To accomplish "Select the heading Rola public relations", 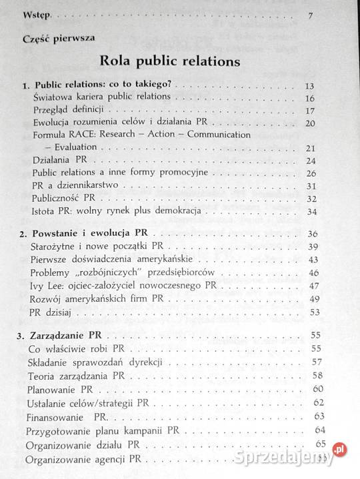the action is pyautogui.click(x=170, y=63).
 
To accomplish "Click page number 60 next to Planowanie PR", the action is pyautogui.click(x=318, y=388).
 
